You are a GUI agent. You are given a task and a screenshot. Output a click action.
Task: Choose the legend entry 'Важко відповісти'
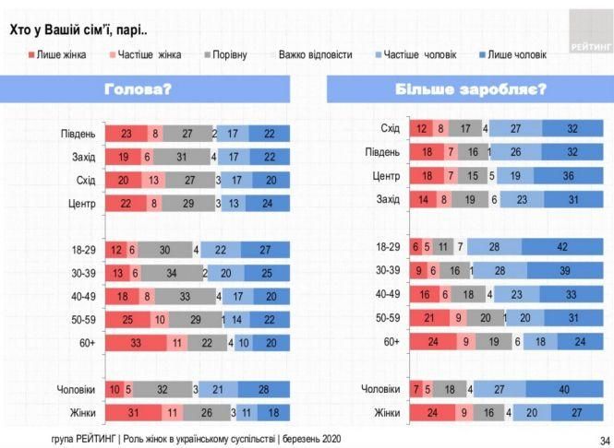click(315, 55)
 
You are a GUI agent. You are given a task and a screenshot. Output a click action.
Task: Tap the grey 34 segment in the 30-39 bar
click(172, 272)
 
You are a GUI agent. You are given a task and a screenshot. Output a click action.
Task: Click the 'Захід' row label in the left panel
click(83, 158)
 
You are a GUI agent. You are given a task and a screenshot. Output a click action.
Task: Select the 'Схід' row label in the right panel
click(390, 128)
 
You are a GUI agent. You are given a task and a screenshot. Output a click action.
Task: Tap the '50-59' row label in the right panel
click(387, 318)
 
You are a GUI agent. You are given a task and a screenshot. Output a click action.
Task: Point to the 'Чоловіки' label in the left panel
click(76, 390)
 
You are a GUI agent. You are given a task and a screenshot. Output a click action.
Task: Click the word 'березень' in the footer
click(286, 440)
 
